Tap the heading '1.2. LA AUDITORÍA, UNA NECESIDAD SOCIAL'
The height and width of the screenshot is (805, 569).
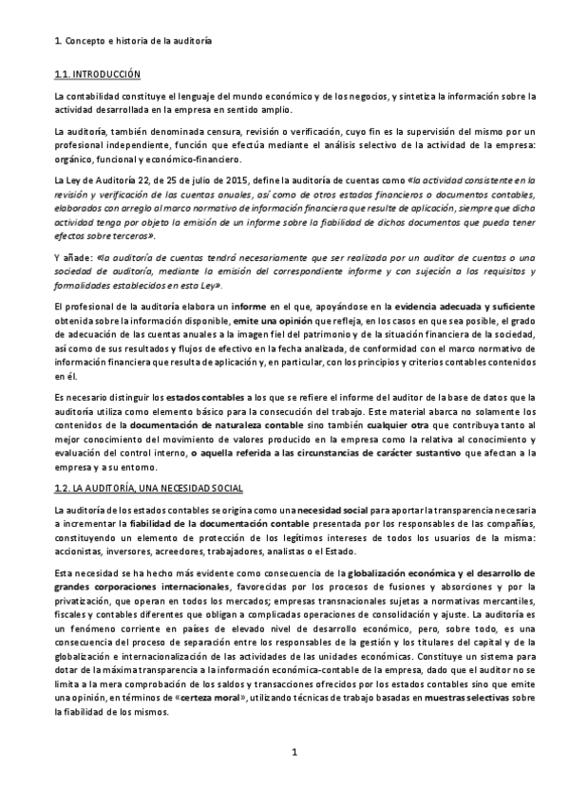(x=149, y=488)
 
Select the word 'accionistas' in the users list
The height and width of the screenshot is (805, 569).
(x=81, y=550)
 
